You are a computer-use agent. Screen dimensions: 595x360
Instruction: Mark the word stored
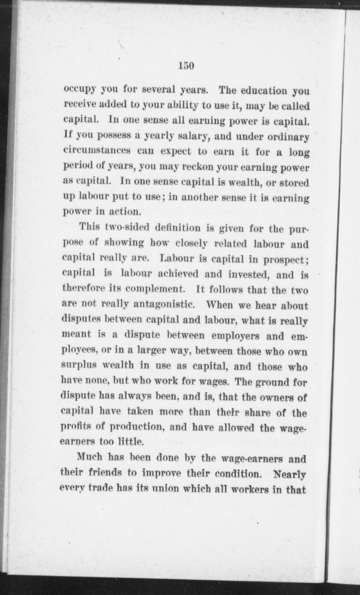pyautogui.click(x=294, y=183)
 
